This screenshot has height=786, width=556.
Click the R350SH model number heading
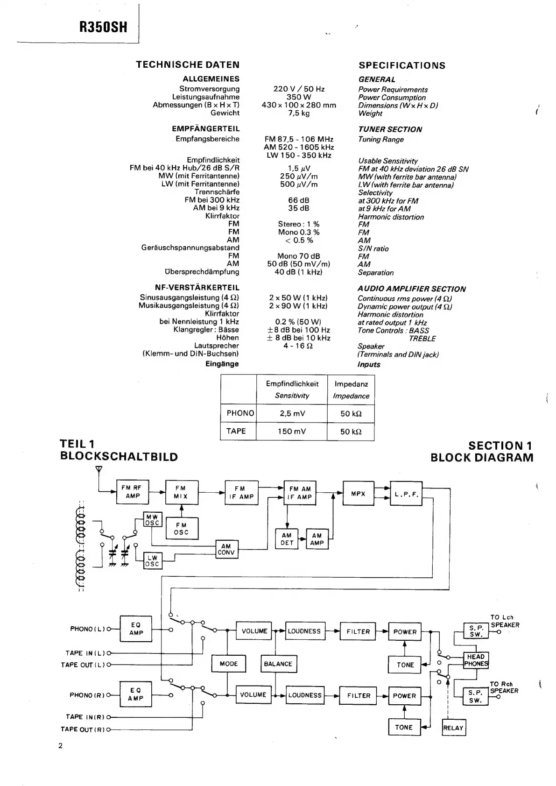coord(103,27)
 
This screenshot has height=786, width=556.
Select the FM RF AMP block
coord(132,492)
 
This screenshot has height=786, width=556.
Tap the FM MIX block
coord(181,492)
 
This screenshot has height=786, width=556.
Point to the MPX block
coord(358,494)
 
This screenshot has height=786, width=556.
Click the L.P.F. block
coord(406,494)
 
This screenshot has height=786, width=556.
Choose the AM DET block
coord(287,539)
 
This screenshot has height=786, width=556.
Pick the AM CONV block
coord(226,549)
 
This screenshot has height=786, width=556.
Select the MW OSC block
coord(152,520)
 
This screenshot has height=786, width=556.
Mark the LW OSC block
coord(152,560)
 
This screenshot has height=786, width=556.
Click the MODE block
coord(229,664)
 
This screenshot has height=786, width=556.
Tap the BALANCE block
coord(278,664)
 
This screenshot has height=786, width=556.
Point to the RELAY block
coord(453,728)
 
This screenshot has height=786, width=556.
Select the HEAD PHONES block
coord(476,660)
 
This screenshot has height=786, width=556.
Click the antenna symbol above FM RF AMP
coord(99,470)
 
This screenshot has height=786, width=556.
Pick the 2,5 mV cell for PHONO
coord(292,413)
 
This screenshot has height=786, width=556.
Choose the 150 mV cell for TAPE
coord(292,431)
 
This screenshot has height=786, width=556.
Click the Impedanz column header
coord(351,384)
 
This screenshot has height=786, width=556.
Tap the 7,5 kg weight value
coord(299,113)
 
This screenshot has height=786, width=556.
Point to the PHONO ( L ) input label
coord(88,629)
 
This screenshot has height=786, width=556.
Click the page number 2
coord(60,746)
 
